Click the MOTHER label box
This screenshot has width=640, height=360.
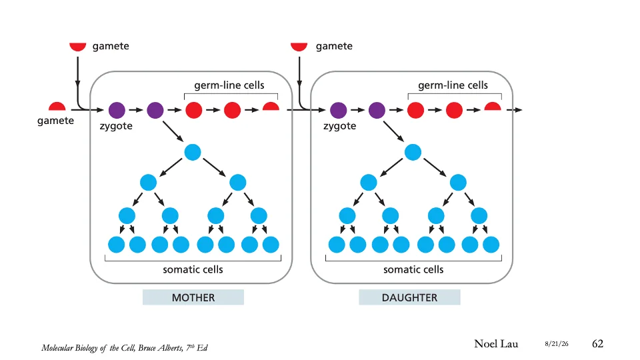(x=193, y=297)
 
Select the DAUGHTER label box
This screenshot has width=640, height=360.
(x=409, y=297)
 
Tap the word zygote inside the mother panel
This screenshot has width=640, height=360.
(x=116, y=126)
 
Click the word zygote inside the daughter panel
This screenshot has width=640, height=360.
(x=339, y=126)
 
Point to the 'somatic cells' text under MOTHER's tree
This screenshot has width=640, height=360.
(x=193, y=269)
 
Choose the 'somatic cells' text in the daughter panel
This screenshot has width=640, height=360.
(x=413, y=269)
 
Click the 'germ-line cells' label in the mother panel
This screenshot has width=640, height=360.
(x=229, y=85)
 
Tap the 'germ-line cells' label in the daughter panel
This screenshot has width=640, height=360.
(x=453, y=85)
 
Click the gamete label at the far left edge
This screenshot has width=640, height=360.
(x=55, y=121)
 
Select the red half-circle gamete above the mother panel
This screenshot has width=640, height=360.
(x=77, y=47)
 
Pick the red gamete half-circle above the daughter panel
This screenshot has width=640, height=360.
(x=299, y=47)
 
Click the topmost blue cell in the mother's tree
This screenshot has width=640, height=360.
(x=193, y=152)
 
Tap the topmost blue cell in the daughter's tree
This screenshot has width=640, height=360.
(x=413, y=152)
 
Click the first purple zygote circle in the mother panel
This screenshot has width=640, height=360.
(x=117, y=110)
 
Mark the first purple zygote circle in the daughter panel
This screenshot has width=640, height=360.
(x=339, y=110)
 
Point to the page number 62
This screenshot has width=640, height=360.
(x=597, y=344)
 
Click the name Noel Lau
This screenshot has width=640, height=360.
(x=496, y=344)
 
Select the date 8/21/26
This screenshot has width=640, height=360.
(x=556, y=344)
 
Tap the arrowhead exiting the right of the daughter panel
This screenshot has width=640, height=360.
(x=519, y=110)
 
